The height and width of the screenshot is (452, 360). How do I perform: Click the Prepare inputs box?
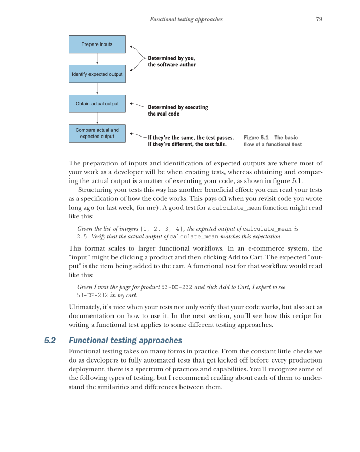97,44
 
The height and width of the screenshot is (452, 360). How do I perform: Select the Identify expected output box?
97,74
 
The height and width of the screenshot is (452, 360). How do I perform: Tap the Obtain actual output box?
97,104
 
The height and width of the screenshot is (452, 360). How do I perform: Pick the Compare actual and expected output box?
97,133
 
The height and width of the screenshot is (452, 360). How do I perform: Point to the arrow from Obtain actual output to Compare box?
97,119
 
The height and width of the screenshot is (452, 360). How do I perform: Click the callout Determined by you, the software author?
171,61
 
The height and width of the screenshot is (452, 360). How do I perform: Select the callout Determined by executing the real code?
177,110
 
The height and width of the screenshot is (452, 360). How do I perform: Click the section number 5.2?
51,339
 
